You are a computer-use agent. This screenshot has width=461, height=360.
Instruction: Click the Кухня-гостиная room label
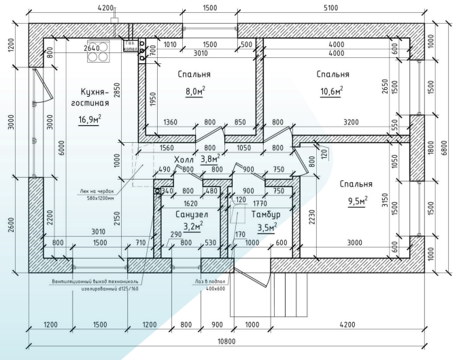click(90, 97)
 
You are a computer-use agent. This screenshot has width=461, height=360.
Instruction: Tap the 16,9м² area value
click(90, 119)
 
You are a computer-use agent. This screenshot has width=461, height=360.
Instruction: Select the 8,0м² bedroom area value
click(195, 91)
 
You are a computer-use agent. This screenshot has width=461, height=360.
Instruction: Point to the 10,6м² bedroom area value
click(332, 91)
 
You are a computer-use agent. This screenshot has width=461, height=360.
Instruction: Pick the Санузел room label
click(192, 214)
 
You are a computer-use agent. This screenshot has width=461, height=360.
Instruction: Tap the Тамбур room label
click(266, 214)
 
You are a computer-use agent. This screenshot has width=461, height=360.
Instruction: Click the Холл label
click(184, 160)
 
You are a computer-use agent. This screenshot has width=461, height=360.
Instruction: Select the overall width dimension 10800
click(226, 342)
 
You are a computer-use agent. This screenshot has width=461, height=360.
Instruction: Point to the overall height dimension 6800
click(444, 148)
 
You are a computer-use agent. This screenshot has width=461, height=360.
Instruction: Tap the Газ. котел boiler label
click(131, 46)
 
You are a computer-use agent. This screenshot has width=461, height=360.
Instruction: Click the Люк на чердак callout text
click(97, 194)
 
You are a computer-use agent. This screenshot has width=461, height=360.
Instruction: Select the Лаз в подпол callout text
click(210, 285)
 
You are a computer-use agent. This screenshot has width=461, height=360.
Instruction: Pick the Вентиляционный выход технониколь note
click(95, 285)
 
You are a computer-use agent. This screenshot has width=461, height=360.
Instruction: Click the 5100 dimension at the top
click(330, 7)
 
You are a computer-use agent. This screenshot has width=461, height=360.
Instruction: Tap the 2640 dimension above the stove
click(92, 48)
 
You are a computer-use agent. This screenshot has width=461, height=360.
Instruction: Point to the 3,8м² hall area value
click(211, 159)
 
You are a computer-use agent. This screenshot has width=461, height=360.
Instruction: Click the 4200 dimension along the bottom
click(347, 325)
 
